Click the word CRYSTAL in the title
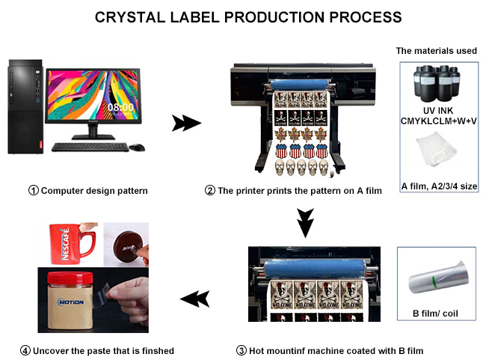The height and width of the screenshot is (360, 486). pyautogui.click(x=130, y=17)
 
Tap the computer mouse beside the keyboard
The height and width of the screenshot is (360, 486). pyautogui.click(x=137, y=147)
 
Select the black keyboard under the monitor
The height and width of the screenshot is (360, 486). pyautogui.click(x=90, y=147)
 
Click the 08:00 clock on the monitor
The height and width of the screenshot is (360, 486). pyautogui.click(x=120, y=107)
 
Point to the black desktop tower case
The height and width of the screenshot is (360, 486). pyautogui.click(x=25, y=106)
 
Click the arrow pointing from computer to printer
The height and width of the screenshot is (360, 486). pyautogui.click(x=186, y=123)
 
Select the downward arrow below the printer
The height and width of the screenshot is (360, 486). pyautogui.click(x=305, y=223)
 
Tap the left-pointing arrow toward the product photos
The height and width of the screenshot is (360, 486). pyautogui.click(x=195, y=299)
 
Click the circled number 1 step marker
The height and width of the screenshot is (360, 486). pyautogui.click(x=34, y=191)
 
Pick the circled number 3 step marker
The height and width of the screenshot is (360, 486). pyautogui.click(x=242, y=351)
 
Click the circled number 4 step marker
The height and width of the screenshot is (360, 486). pyautogui.click(x=25, y=351)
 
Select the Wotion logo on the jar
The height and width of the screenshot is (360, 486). pyautogui.click(x=70, y=302)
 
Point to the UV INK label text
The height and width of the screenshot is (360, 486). pyautogui.click(x=438, y=111)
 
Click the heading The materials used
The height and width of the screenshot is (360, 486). pyautogui.click(x=437, y=51)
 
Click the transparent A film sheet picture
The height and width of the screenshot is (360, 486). pyautogui.click(x=437, y=149)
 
